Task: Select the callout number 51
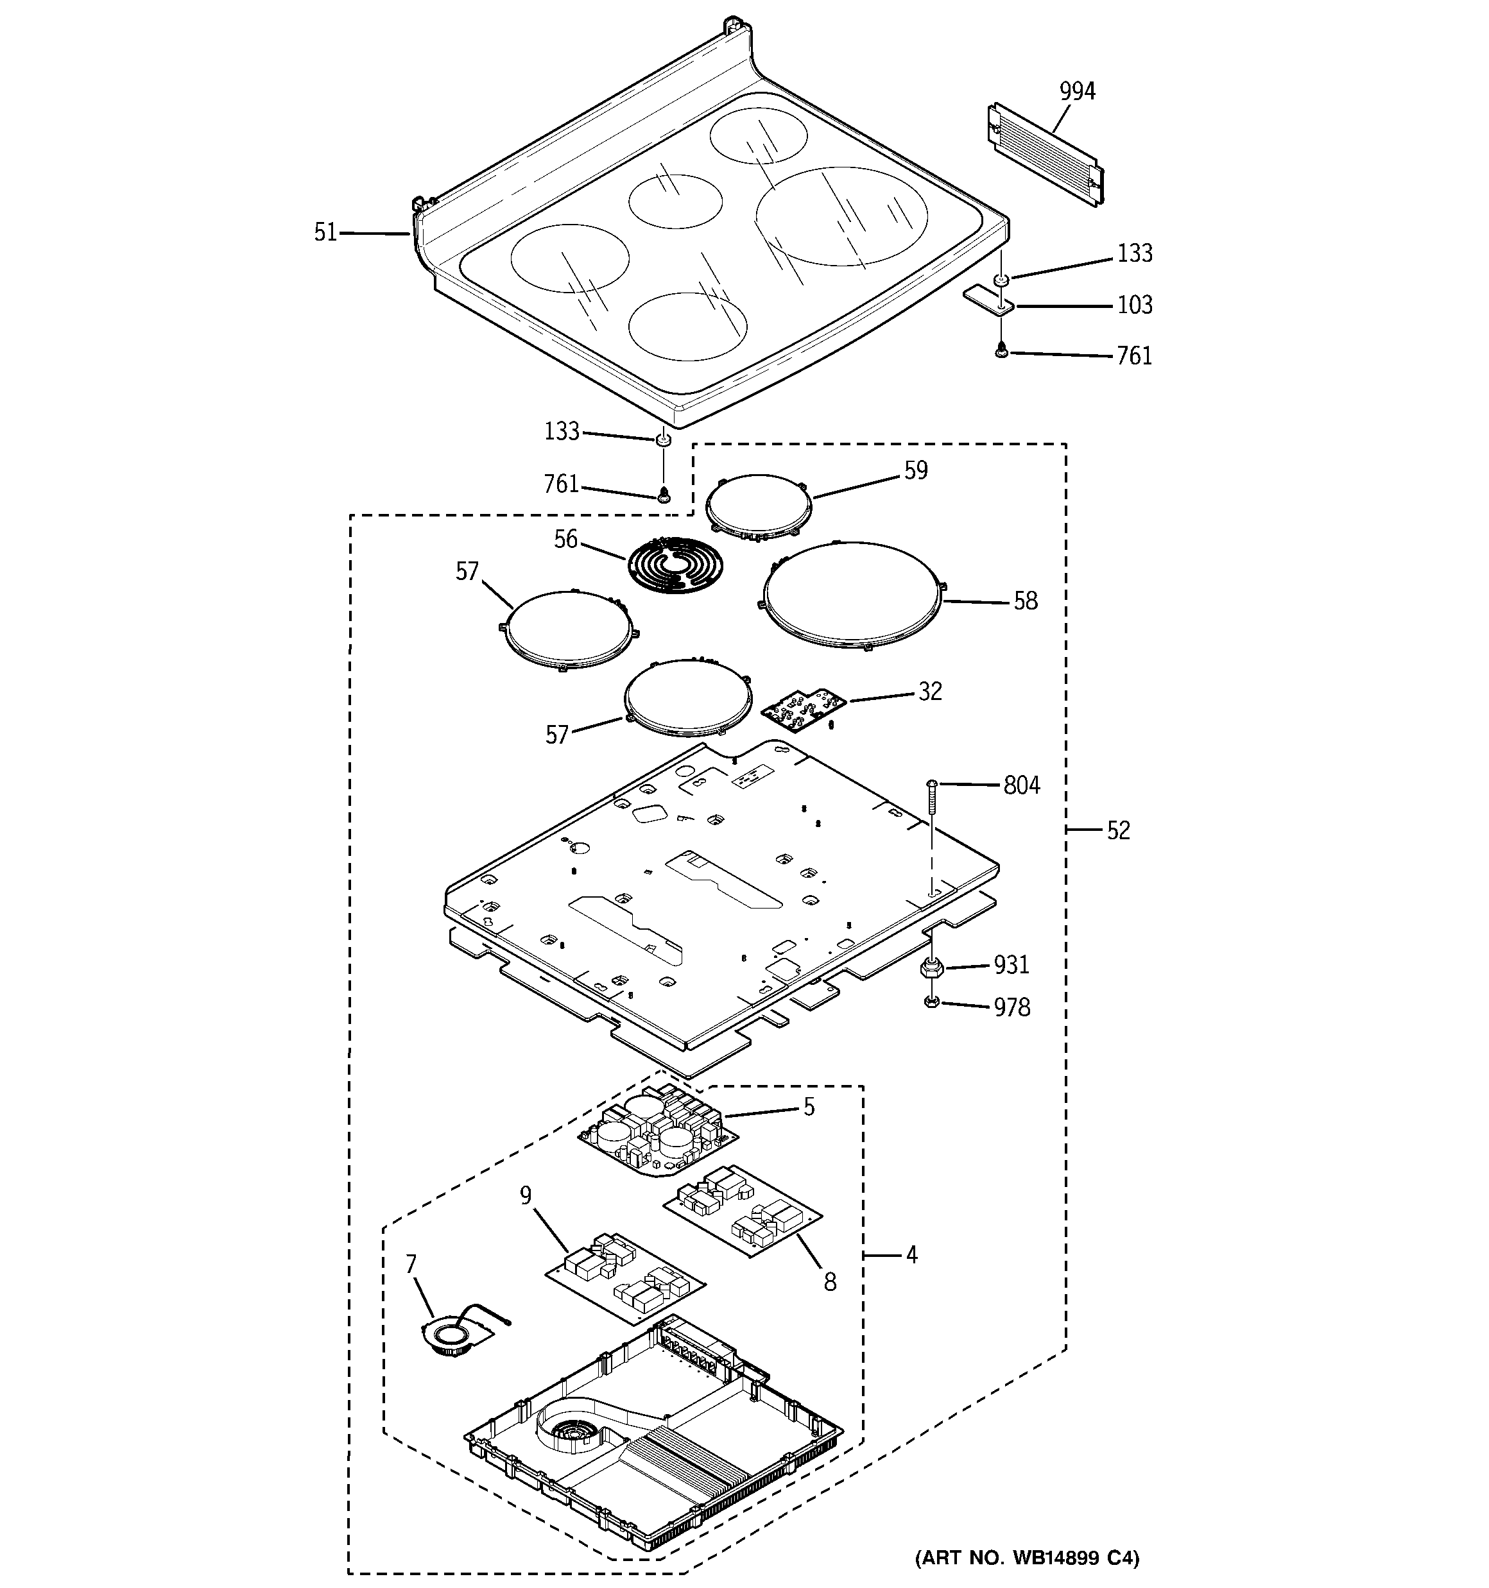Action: tap(325, 232)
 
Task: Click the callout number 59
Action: tap(916, 470)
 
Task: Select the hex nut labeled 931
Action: tap(931, 969)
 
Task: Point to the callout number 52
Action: tap(1118, 831)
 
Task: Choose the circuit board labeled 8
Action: tap(743, 1209)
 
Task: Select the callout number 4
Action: tap(912, 1254)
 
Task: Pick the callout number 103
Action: tap(1134, 305)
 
